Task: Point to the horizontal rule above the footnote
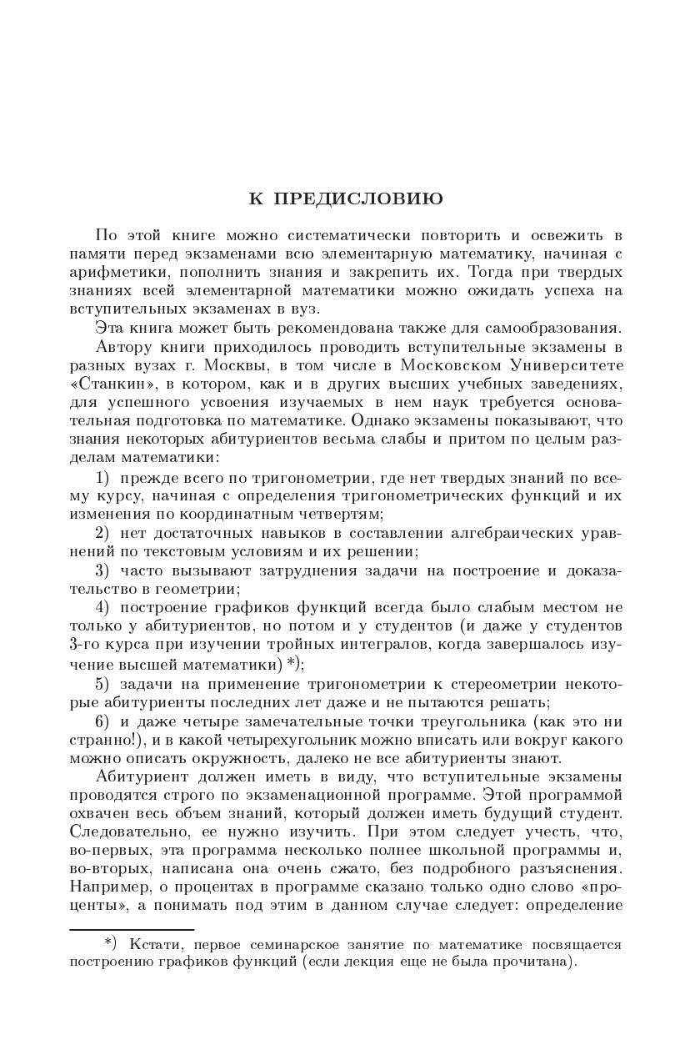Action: (132, 929)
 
